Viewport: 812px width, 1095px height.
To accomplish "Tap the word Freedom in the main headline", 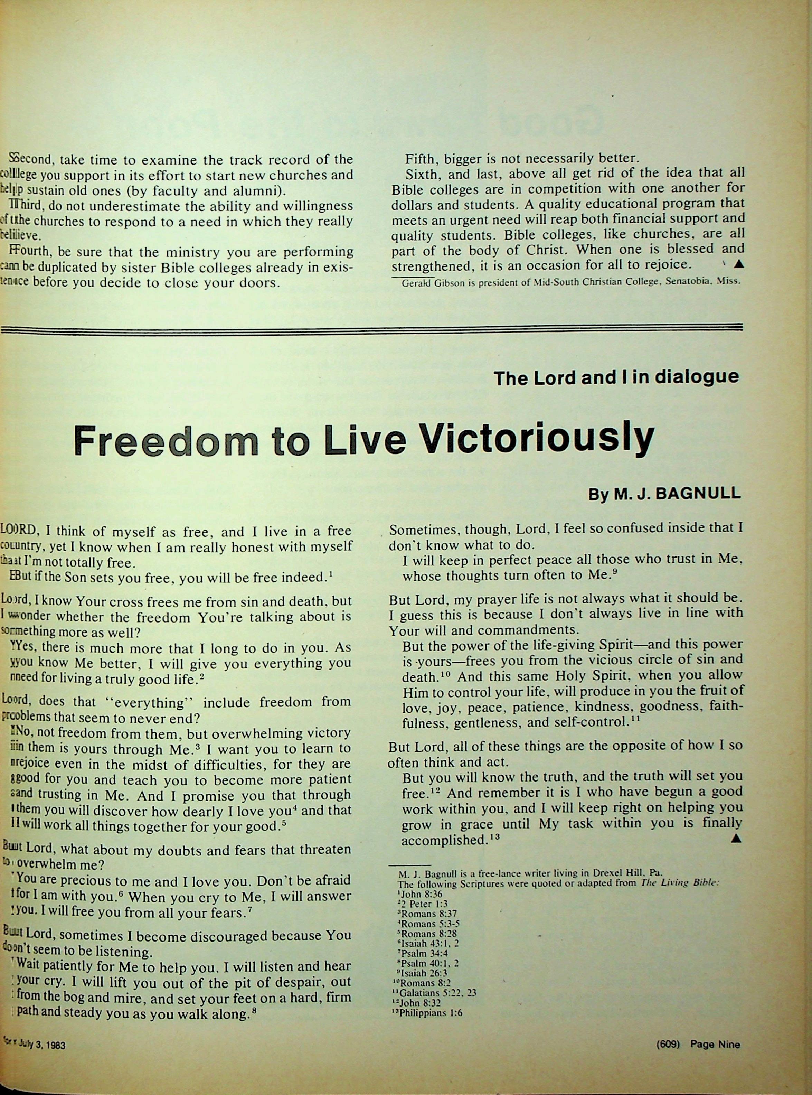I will [x=165, y=439].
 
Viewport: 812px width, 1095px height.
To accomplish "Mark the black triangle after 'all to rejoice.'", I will [x=738, y=264].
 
